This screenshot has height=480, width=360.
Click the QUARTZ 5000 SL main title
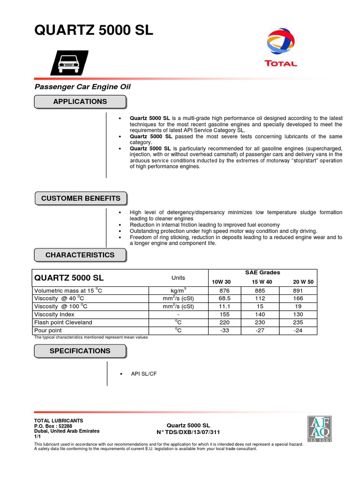point(94,31)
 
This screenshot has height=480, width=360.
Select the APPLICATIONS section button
point(80,102)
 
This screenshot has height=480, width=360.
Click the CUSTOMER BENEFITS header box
point(81,198)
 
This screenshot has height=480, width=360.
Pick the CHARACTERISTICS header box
point(80,255)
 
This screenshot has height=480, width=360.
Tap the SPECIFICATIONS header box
point(80,351)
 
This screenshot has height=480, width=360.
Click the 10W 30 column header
point(221,282)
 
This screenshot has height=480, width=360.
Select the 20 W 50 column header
point(303,282)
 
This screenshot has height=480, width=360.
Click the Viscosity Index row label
point(54,315)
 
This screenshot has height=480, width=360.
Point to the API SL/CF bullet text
point(142,374)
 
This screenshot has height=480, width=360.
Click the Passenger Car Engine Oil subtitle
point(83,87)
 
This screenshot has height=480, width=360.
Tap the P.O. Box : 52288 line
point(53,426)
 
